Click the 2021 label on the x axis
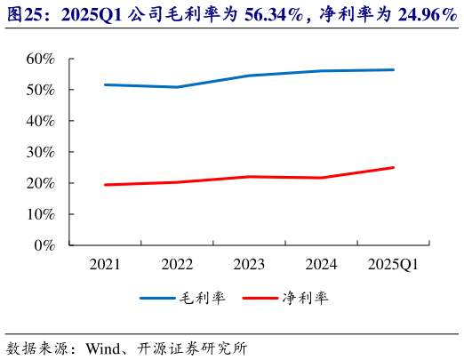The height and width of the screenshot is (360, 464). pos(107,264)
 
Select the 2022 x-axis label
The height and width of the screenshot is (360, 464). pos(178,264)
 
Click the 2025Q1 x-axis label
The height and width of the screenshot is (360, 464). pos(393,264)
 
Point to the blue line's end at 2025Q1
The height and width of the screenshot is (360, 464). pos(394,69)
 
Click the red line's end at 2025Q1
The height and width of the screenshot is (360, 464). pos(394,167)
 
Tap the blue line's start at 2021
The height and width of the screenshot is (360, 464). pos(106,84)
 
